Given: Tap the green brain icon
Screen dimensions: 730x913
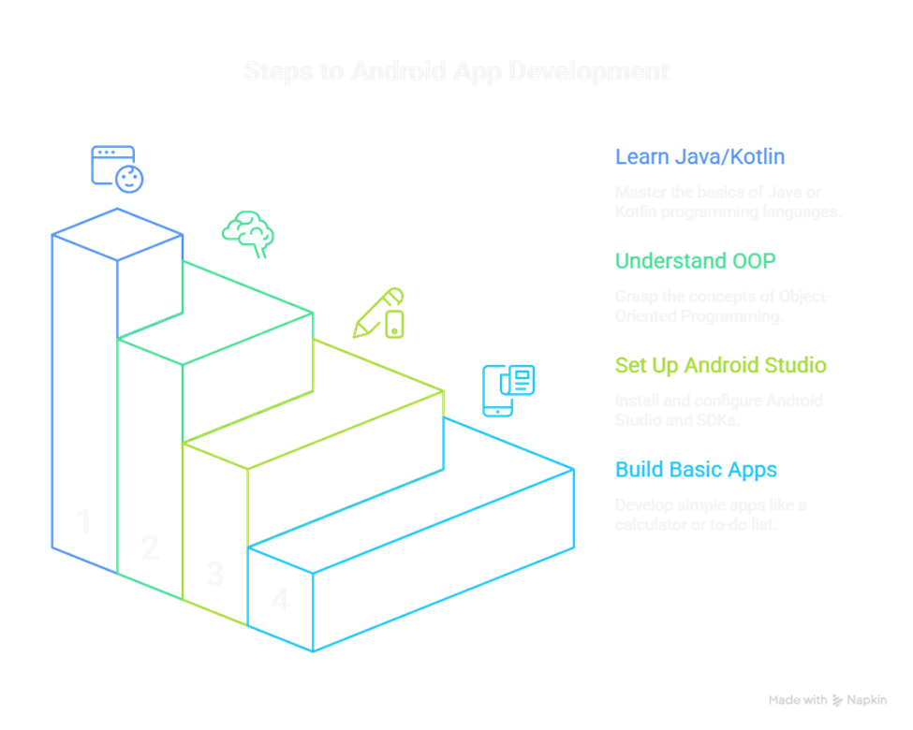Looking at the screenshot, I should (249, 233).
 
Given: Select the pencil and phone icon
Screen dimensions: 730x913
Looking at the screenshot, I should (379, 313).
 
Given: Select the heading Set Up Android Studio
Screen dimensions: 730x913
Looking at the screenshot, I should (720, 365).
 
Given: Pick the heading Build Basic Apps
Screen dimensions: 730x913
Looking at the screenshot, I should (696, 469).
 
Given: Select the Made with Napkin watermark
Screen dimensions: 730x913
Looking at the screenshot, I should (827, 700).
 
